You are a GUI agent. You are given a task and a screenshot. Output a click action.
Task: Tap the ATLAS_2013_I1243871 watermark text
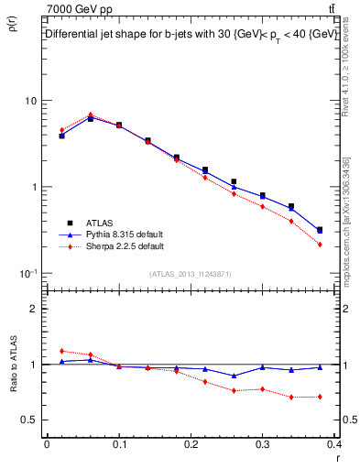coord(190,275)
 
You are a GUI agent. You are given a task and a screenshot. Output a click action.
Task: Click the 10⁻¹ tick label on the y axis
coord(28,273)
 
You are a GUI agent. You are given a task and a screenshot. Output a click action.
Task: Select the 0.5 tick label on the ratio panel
coord(31,420)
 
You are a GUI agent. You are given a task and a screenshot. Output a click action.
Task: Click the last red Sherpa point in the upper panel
coord(320,245)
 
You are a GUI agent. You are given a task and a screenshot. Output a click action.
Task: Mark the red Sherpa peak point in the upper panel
coord(91,115)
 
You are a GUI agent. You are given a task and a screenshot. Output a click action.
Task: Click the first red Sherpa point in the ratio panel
coord(61,351)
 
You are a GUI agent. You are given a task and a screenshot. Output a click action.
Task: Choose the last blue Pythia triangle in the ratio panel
coord(320,367)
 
